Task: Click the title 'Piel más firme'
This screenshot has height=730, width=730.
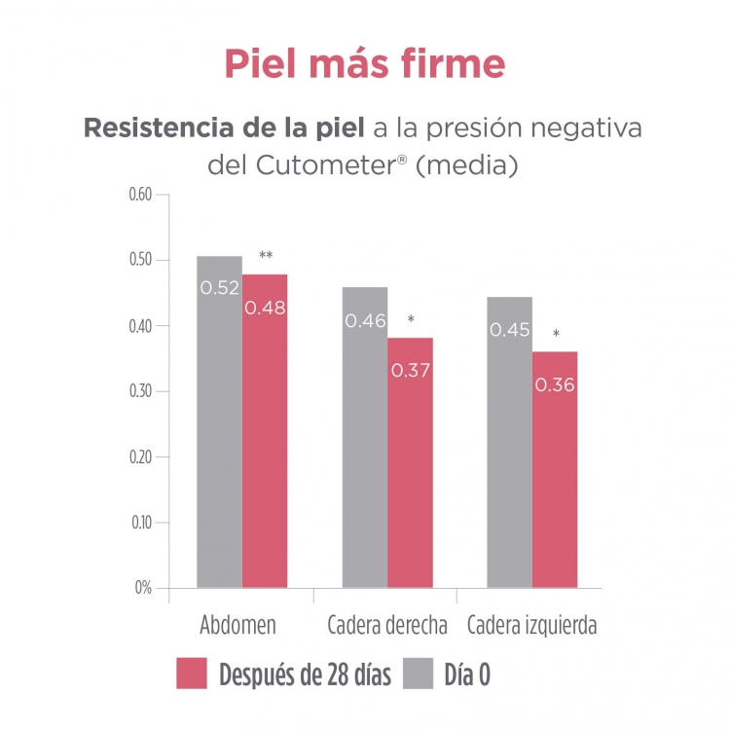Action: (365, 62)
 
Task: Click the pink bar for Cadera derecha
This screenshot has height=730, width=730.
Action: (410, 477)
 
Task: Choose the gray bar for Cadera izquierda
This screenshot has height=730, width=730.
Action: (509, 467)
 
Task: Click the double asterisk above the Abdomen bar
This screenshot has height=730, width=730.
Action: (265, 257)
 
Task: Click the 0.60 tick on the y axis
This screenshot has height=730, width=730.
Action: (141, 195)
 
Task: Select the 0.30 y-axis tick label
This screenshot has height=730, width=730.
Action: (141, 391)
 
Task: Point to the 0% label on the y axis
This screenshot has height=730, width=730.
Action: (144, 588)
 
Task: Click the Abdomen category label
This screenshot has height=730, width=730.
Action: (237, 625)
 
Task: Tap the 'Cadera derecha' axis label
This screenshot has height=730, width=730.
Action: (387, 625)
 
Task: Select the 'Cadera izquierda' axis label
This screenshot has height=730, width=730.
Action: (531, 625)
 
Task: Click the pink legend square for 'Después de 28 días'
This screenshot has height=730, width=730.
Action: (193, 674)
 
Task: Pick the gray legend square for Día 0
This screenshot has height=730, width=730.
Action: (417, 674)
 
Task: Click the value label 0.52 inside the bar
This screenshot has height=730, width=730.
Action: (219, 288)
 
